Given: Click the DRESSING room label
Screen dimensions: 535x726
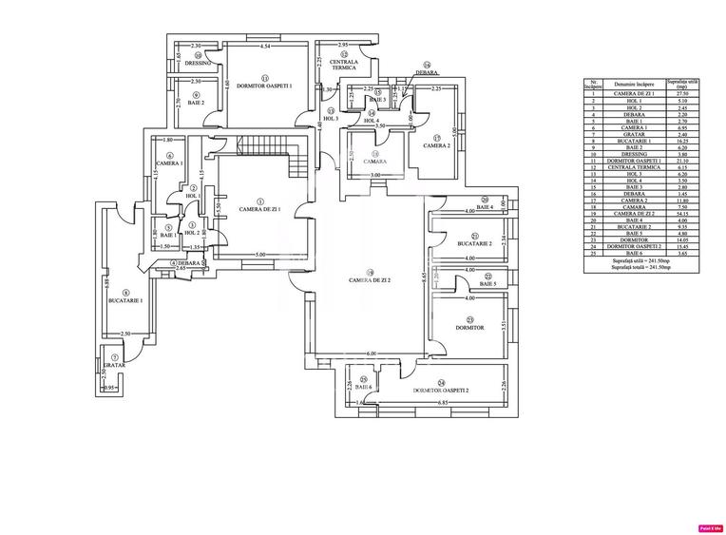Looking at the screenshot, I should [198, 64].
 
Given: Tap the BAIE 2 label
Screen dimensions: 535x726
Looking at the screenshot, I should [196, 103].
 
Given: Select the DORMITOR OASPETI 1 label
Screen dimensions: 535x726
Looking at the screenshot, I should [264, 86].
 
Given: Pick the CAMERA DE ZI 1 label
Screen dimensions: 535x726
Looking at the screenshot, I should [259, 209].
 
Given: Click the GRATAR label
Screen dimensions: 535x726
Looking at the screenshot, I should [116, 365].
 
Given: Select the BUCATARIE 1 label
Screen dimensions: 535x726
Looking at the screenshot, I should [125, 299].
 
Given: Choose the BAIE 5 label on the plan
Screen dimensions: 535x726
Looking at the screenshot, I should [487, 284].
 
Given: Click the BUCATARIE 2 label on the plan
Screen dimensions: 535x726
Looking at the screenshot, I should [471, 243].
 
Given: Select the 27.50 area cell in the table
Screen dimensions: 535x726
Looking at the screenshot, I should [680, 93].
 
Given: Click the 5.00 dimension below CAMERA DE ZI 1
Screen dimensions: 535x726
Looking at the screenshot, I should [259, 255].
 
